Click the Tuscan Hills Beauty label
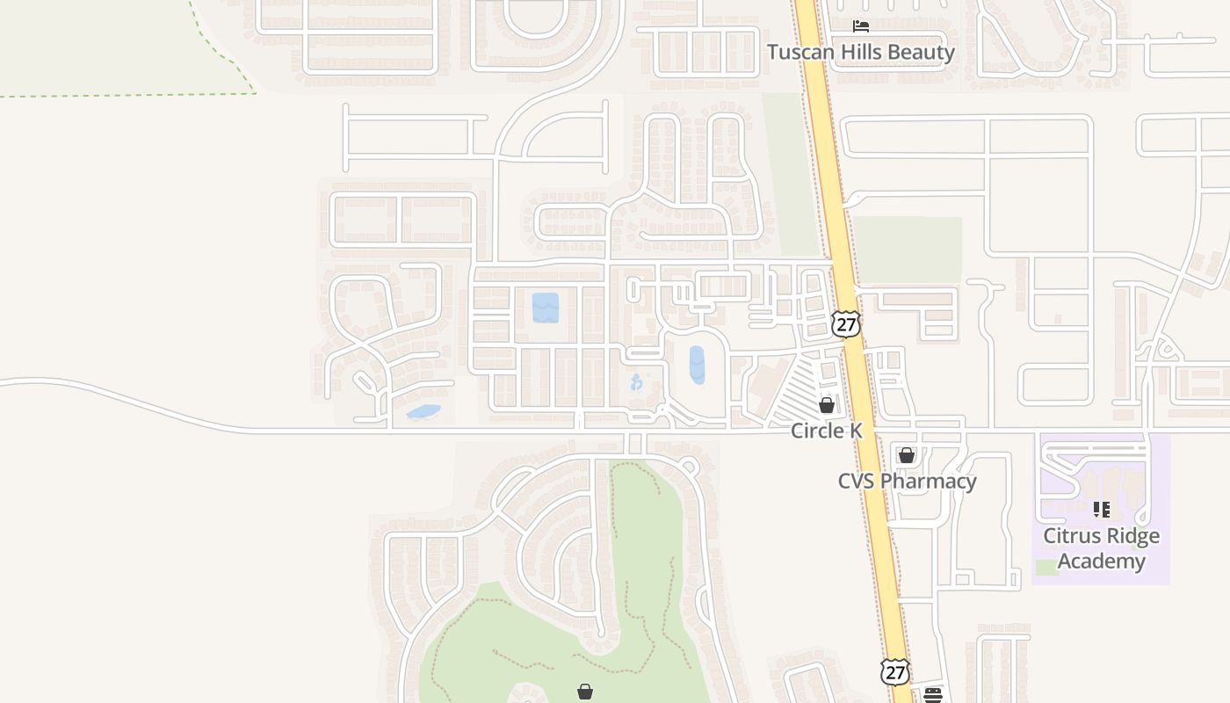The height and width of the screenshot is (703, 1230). [x=860, y=52]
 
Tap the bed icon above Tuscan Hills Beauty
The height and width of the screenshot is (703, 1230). [x=861, y=25]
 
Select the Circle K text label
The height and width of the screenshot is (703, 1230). [x=827, y=431]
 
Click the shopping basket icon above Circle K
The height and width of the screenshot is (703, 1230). [x=827, y=405]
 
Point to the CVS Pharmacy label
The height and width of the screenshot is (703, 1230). [x=907, y=482]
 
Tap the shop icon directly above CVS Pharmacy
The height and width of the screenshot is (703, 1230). [x=907, y=455]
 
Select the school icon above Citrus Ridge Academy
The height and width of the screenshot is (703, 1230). [x=1101, y=510]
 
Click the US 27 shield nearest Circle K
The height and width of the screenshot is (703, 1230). [x=845, y=323]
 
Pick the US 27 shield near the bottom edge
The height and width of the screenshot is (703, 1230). [x=894, y=672]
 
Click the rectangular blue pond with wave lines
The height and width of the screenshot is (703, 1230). [x=546, y=308]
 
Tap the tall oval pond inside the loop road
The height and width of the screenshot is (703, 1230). [x=697, y=365]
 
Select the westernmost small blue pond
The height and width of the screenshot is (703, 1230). [x=423, y=411]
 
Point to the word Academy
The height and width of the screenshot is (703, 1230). [x=1101, y=562]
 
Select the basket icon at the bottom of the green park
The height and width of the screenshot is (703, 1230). [x=585, y=692]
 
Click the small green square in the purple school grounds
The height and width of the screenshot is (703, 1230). [x=1046, y=568]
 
